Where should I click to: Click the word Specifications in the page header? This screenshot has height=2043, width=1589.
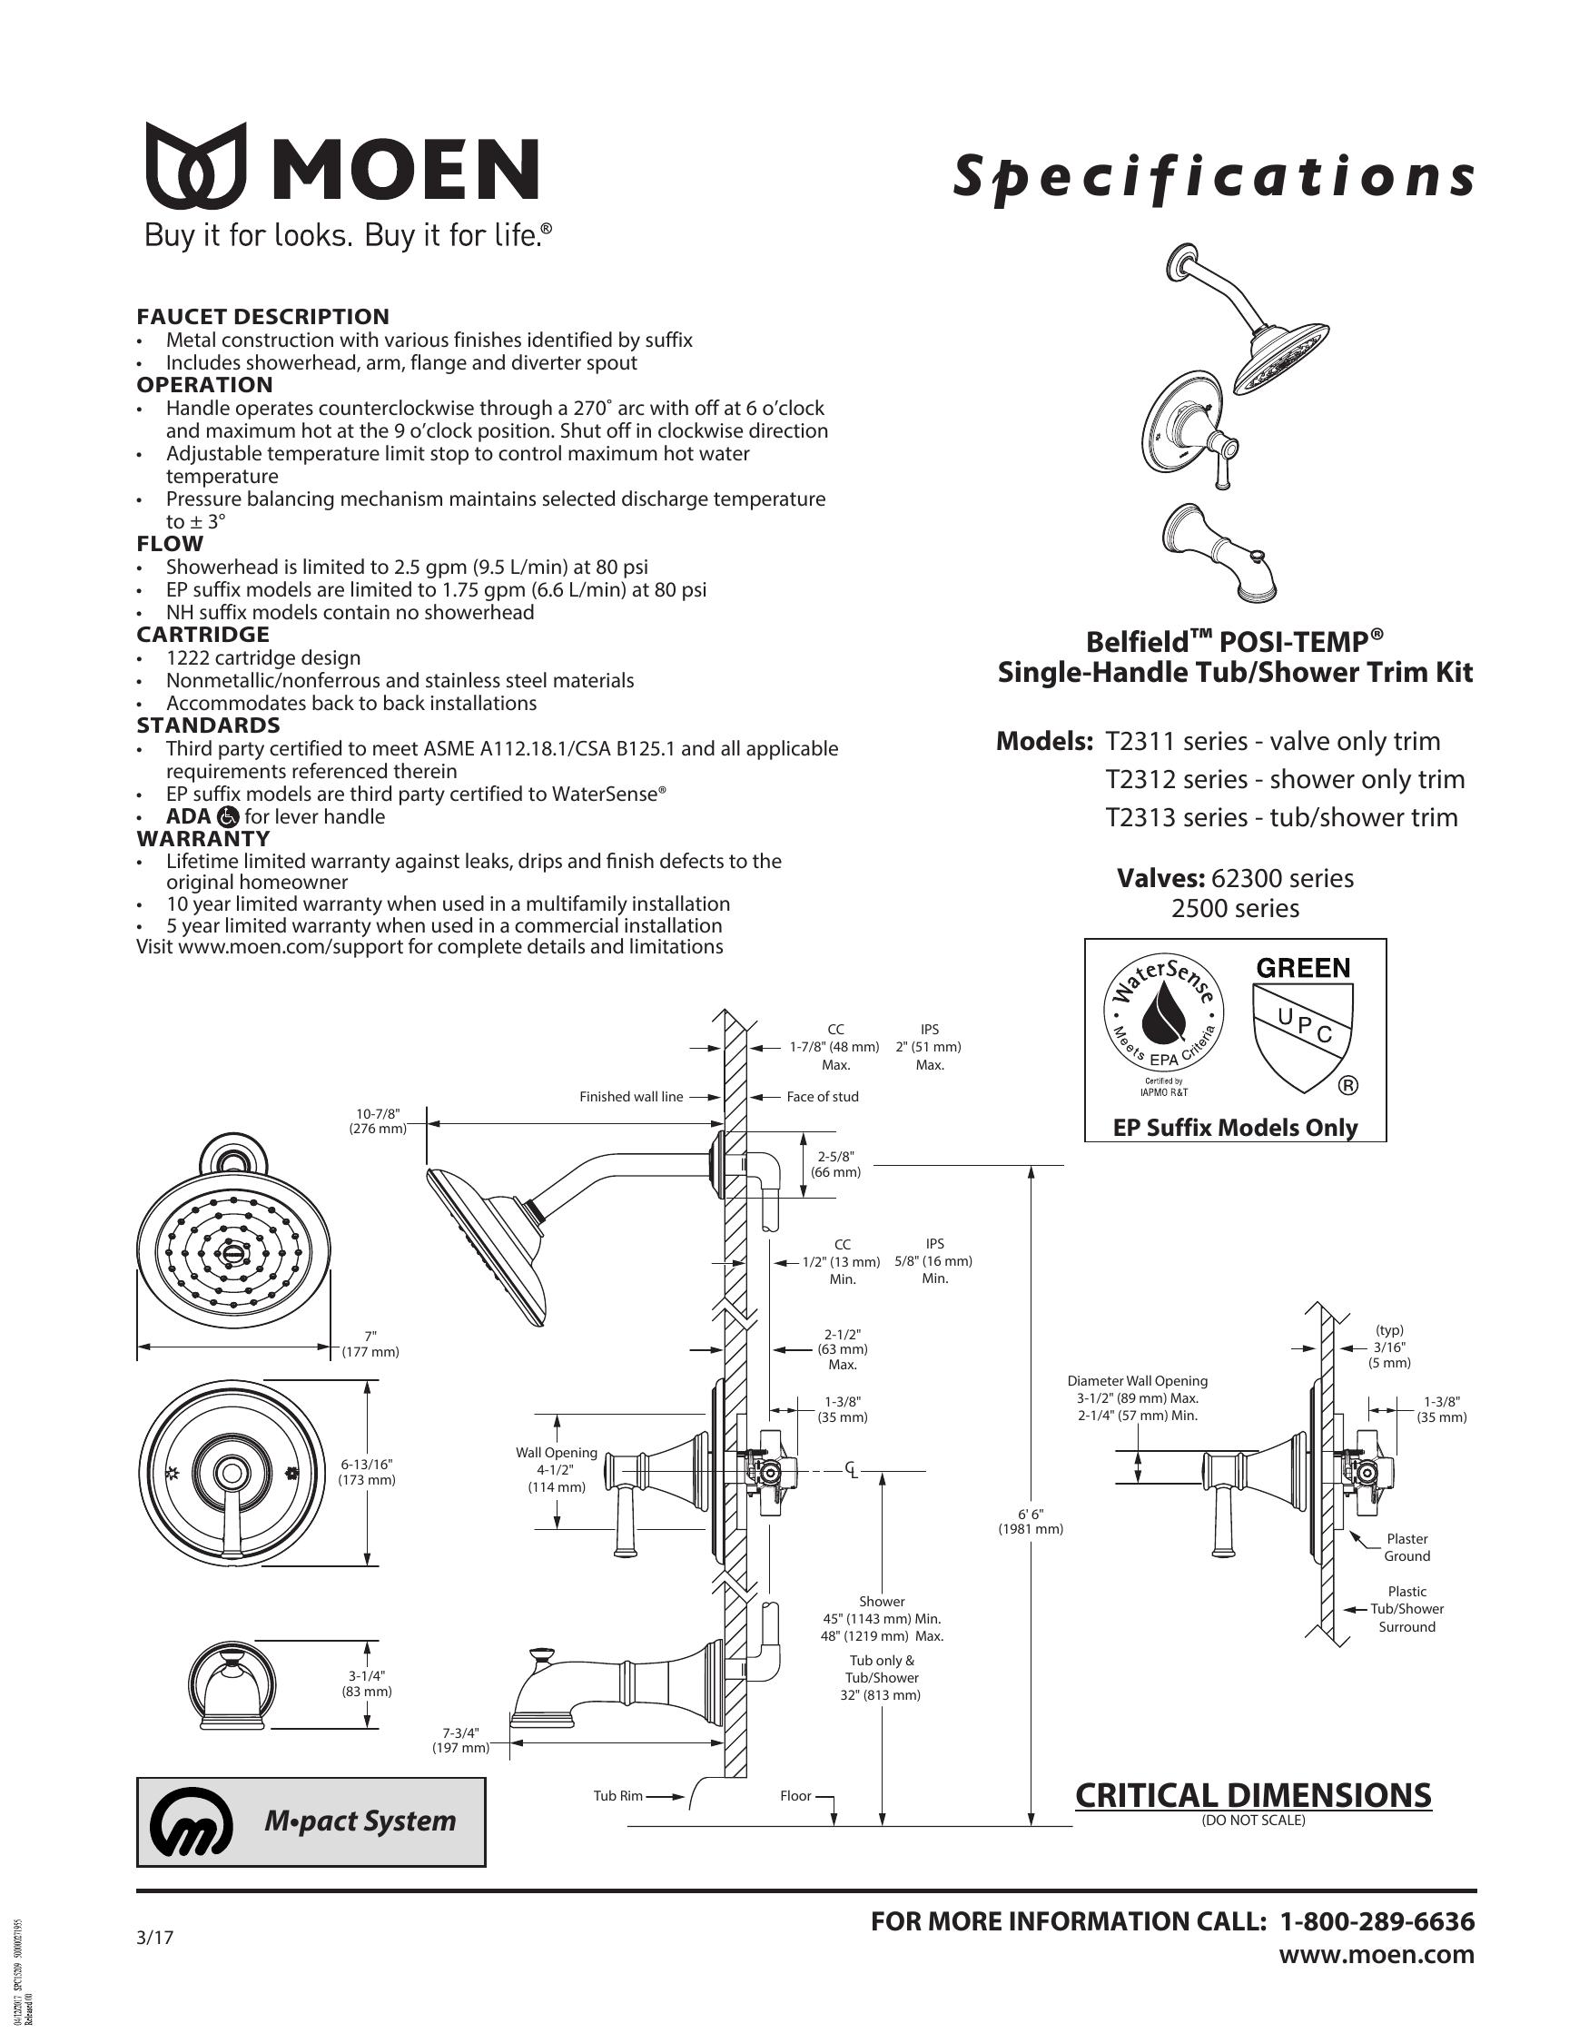(x=1213, y=178)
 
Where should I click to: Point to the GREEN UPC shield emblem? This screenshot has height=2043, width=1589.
(x=1303, y=1024)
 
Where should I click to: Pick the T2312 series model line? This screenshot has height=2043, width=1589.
(x=1285, y=779)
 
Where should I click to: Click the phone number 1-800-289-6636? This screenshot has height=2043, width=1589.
(x=1377, y=1921)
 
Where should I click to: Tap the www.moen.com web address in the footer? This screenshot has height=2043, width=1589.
(x=1377, y=1954)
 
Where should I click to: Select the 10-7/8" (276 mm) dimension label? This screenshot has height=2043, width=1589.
(x=378, y=1120)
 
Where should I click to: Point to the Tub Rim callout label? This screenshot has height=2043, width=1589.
(x=618, y=1795)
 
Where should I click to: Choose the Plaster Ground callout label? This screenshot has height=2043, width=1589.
(x=1406, y=1547)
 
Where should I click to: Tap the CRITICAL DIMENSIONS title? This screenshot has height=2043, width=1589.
(x=1253, y=1795)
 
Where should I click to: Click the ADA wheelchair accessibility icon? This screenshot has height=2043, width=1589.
(x=227, y=816)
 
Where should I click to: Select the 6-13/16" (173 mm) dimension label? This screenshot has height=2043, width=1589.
(x=367, y=1473)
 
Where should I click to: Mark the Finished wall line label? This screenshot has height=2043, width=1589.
(x=631, y=1096)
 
